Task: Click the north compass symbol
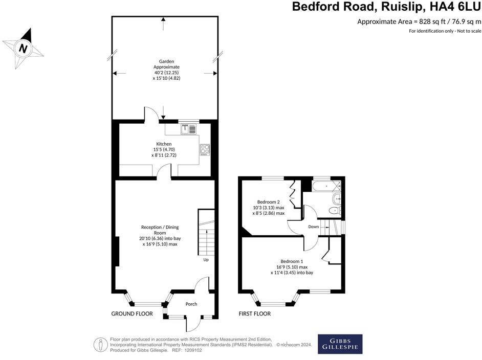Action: point(23,49)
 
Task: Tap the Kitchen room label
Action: point(164,144)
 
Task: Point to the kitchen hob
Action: point(204,150)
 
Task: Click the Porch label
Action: point(191,304)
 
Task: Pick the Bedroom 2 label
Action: point(268,202)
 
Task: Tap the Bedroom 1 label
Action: point(292,261)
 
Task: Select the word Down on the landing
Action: point(313,227)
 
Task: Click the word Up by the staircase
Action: point(206,260)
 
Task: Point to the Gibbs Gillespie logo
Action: point(340,344)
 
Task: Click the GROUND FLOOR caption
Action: point(132,313)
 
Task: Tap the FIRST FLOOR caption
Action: point(255,313)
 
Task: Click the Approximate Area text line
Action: point(419,21)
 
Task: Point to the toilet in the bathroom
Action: point(336,210)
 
